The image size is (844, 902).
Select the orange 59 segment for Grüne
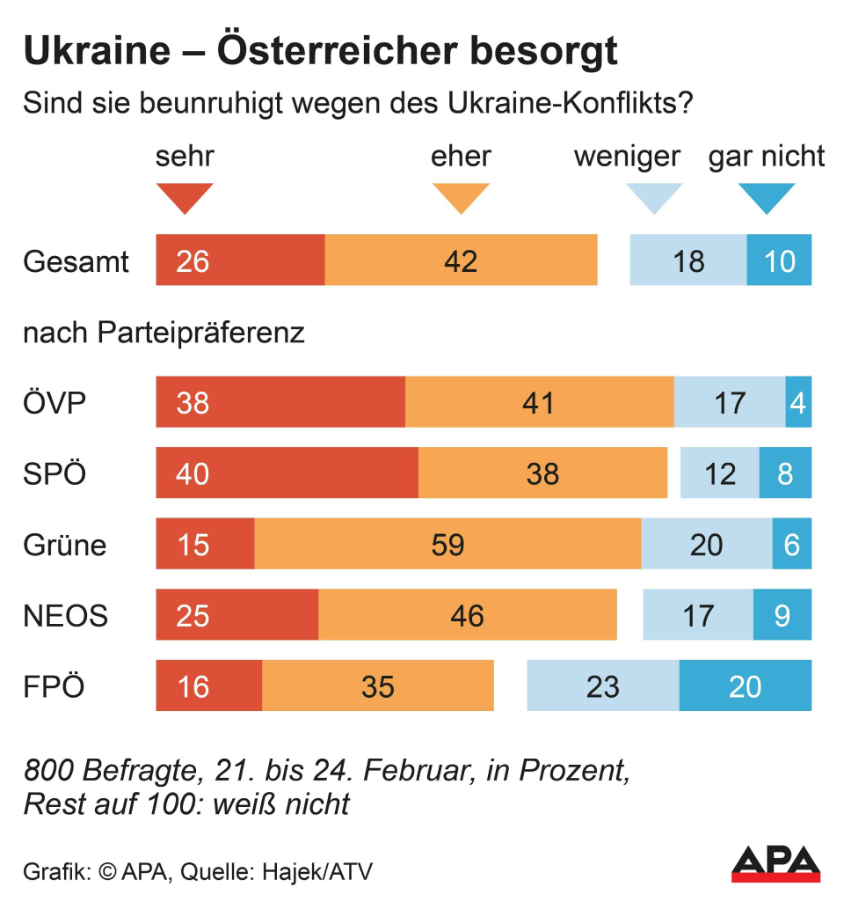pyautogui.click(x=447, y=544)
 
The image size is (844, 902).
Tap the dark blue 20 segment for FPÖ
pyautogui.click(x=745, y=686)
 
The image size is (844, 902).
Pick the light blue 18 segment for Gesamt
pyautogui.click(x=688, y=260)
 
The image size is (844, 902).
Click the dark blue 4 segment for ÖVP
pyautogui.click(x=798, y=402)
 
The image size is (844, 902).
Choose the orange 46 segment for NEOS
pyautogui.click(x=467, y=615)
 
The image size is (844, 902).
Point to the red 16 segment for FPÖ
pyautogui.click(x=208, y=686)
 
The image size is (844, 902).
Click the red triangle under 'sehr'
pyautogui.click(x=185, y=197)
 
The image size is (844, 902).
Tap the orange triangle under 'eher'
pyautogui.click(x=461, y=197)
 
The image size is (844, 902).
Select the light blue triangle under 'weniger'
pyautogui.click(x=653, y=197)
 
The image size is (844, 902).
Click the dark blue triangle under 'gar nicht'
pyautogui.click(x=767, y=197)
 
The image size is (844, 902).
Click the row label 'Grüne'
pyautogui.click(x=64, y=545)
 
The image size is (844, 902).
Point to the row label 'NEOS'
pyautogui.click(x=65, y=615)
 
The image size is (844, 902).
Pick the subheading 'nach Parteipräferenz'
pyautogui.click(x=164, y=334)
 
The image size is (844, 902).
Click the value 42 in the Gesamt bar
pyautogui.click(x=461, y=260)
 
